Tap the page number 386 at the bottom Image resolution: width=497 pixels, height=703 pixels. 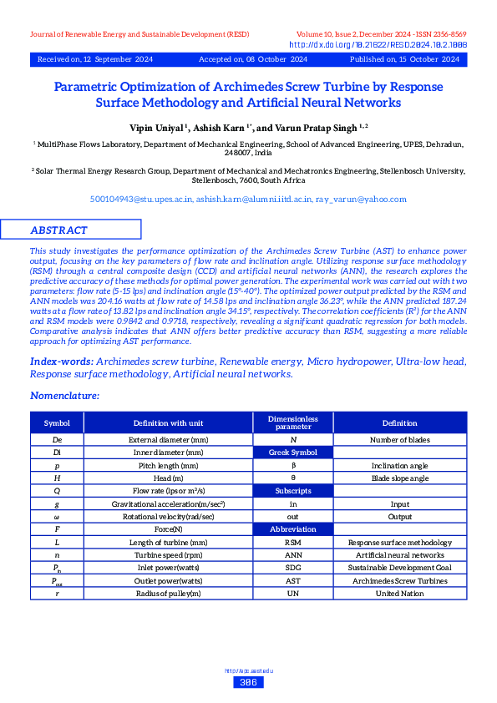pos(247,682)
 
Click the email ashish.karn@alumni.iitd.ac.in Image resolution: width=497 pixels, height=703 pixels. pos(254,200)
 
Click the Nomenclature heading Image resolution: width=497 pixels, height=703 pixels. pos(65,395)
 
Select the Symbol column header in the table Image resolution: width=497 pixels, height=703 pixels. pos(57,423)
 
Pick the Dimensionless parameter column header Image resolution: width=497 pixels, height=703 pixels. pos(292,422)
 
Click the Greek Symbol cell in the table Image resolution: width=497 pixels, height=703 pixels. pos(292,452)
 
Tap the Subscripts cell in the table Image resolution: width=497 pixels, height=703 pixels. pos(292,491)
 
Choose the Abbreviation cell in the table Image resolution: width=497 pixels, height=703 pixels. pos(292,529)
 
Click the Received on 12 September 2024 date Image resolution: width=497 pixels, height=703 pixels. pos(94,60)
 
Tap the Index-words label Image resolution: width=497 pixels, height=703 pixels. pos(61,362)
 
